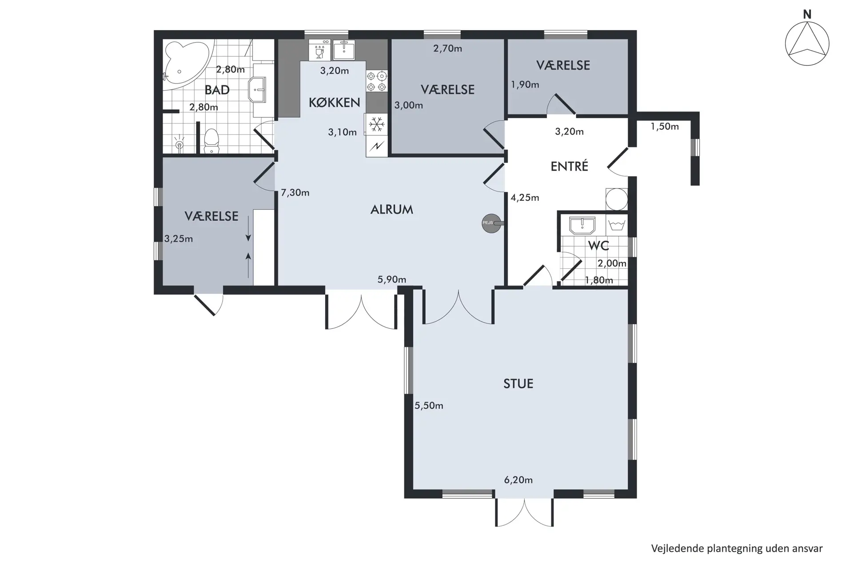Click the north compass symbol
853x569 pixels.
coord(807,44)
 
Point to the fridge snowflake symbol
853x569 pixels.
coord(377,124)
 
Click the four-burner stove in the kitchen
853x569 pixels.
coord(377,81)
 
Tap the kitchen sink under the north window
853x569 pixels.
coord(344,50)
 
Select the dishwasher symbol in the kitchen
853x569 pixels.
coord(319,50)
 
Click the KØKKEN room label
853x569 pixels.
coord(334,103)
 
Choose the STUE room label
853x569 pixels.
coord(518,384)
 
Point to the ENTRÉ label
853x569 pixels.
coord(569,166)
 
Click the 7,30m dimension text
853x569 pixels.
coord(295,193)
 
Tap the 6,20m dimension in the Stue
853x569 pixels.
coord(518,480)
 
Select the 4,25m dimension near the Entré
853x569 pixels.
coord(525,198)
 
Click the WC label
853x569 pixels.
coord(598,246)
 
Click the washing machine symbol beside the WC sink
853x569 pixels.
coord(617,225)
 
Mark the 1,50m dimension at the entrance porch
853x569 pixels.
coord(665,127)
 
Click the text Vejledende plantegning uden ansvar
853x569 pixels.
coord(737,549)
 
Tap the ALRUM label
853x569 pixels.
coord(392,210)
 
